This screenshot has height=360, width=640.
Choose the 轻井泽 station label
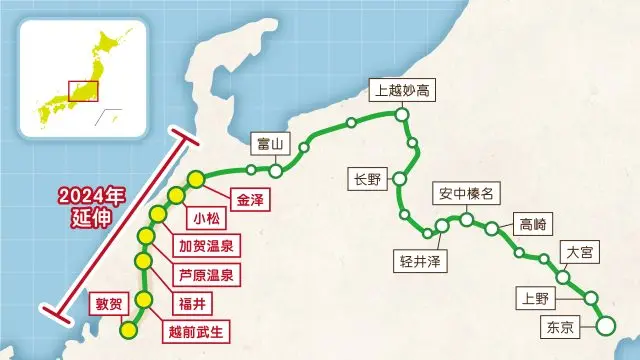(419, 261)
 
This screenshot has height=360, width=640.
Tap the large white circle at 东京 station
(605, 326)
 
